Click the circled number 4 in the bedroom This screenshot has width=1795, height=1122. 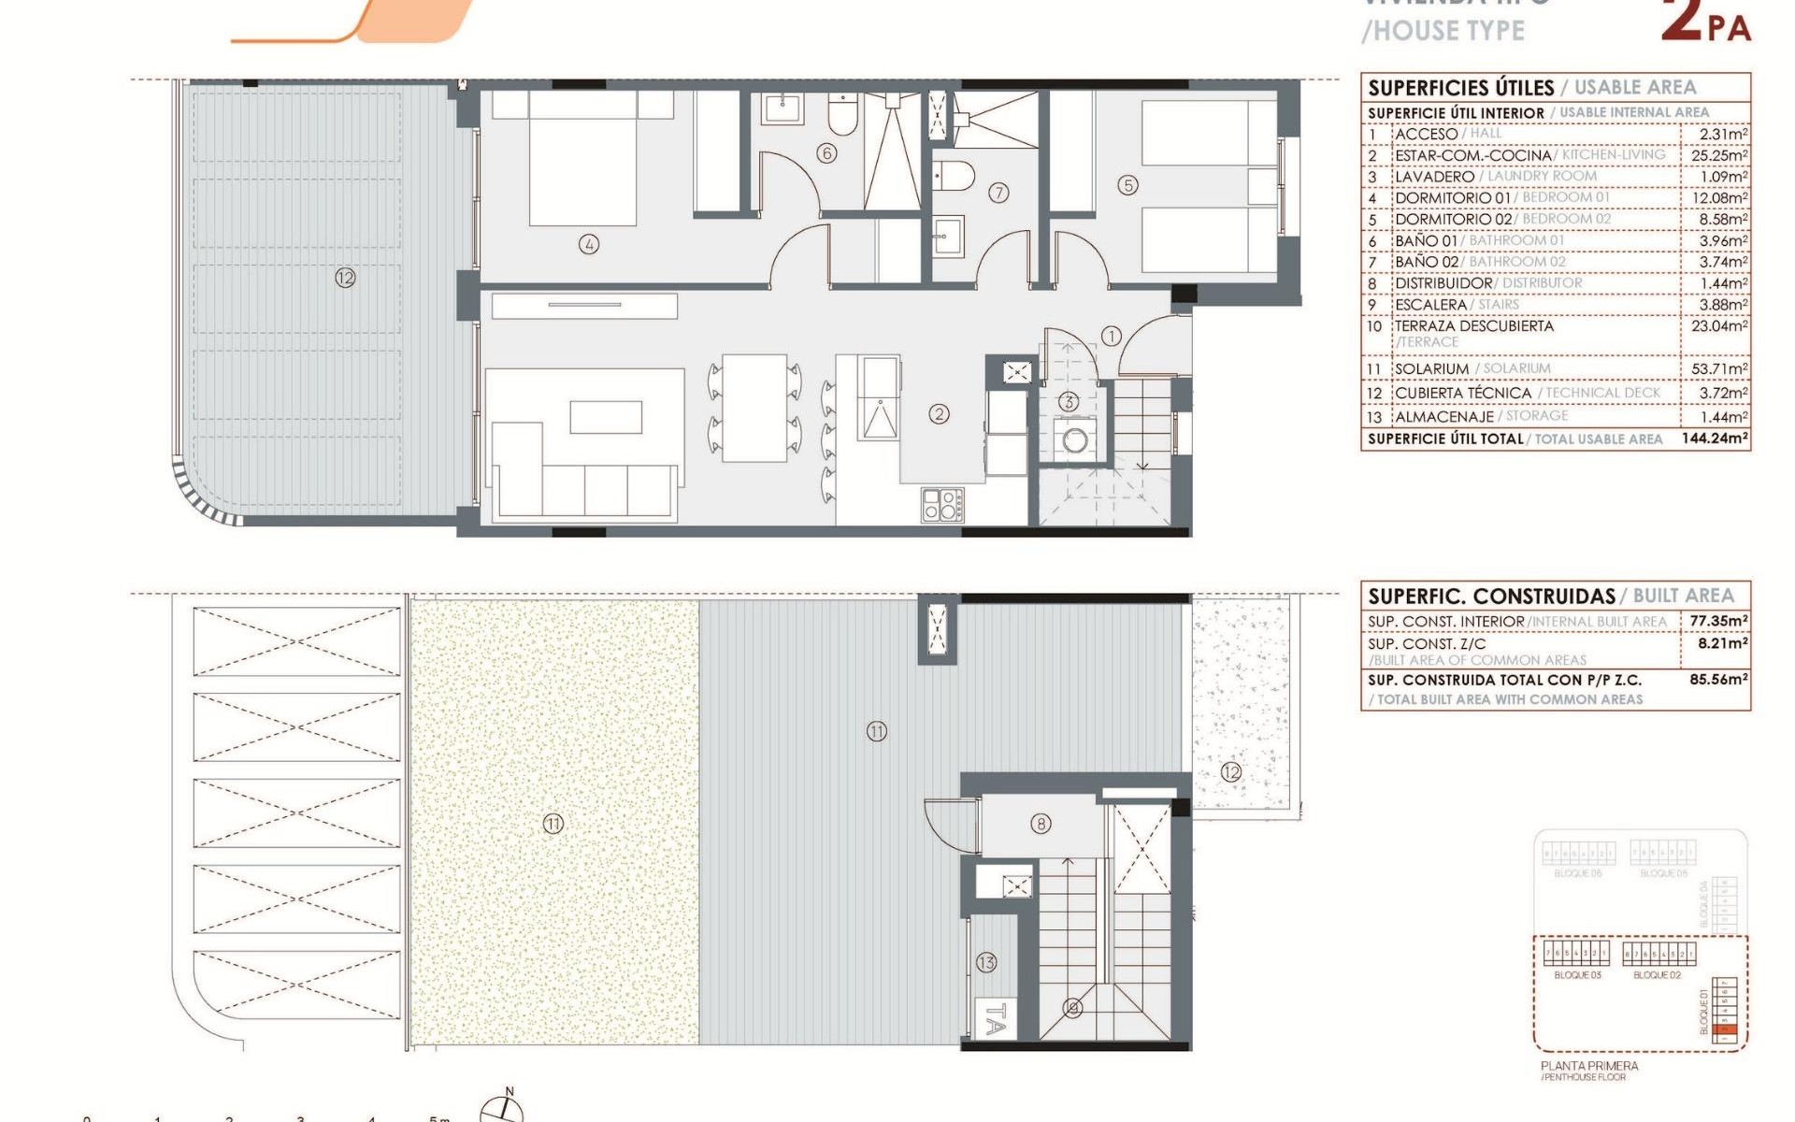[x=589, y=245]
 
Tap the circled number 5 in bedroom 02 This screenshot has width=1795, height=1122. [x=1128, y=185]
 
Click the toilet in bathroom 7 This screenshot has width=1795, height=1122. [x=954, y=175]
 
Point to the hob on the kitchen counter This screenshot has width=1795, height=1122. [x=942, y=505]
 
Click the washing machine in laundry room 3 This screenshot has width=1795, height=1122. [x=1075, y=439]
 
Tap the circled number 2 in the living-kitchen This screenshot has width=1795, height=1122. [x=939, y=413]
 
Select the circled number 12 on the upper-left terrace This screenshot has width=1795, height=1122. [x=345, y=278]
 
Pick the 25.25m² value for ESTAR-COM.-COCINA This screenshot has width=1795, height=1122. [x=1718, y=155]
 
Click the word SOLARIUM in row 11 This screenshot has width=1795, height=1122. [x=1431, y=368]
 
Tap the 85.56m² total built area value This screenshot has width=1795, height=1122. [x=1718, y=680]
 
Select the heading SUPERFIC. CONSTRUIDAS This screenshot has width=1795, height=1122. [x=1491, y=596]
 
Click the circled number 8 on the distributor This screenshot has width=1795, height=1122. [x=1041, y=824]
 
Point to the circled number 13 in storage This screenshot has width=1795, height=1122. [x=986, y=962]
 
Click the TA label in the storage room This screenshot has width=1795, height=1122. [x=996, y=1019]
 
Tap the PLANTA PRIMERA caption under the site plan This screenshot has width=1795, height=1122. [x=1589, y=1066]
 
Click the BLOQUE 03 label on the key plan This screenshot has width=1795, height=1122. [x=1577, y=975]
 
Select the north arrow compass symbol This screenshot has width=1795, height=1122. [x=502, y=1108]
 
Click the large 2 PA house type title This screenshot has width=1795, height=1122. [x=1705, y=23]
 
